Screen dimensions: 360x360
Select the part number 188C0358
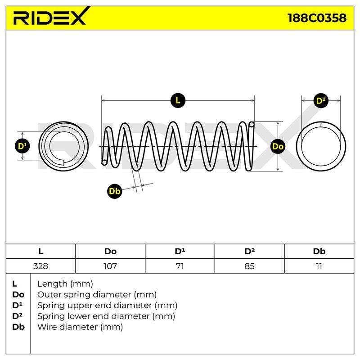[317, 18]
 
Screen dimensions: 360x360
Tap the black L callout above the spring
[178, 100]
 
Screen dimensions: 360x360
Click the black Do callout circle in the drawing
[278, 147]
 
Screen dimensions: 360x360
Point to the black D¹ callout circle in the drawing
[22, 146]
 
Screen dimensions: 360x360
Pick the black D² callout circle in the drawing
[321, 101]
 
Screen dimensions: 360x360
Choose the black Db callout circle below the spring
[115, 191]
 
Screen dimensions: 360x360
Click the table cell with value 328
[40, 266]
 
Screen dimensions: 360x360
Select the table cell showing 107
[110, 266]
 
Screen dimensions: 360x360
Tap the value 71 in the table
[180, 266]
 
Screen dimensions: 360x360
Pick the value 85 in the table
[250, 266]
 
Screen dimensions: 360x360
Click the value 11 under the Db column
[319, 266]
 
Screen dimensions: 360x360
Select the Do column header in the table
[110, 252]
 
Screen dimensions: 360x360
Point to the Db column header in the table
[319, 252]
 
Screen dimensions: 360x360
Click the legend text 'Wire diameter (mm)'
[80, 327]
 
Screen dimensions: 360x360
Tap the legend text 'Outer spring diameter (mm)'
[97, 295]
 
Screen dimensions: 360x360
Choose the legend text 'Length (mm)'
[65, 284]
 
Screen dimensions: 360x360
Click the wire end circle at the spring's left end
[104, 162]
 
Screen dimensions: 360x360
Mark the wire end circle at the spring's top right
[252, 125]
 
